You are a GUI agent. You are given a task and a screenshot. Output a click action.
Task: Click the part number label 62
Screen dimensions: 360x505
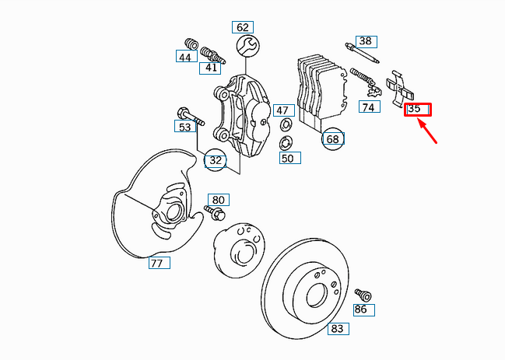pos(243,27)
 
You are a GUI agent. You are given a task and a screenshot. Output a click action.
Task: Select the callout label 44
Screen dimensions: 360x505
pos(184,57)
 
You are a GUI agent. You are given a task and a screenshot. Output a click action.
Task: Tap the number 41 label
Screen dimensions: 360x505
pos(212,68)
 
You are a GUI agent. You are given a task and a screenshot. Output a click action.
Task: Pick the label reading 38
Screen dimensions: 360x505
pos(366,41)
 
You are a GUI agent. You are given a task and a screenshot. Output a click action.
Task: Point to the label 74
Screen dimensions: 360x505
pos(368,107)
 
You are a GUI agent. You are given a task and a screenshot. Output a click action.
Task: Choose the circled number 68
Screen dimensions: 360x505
pos(333,139)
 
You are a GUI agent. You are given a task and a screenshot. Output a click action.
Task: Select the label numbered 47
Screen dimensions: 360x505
pos(282,110)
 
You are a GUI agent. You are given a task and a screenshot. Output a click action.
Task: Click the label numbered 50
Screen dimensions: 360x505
pos(287,159)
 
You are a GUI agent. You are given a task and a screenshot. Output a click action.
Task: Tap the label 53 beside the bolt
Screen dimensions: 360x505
pos(184,127)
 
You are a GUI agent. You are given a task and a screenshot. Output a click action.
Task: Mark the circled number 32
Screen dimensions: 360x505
pos(216,161)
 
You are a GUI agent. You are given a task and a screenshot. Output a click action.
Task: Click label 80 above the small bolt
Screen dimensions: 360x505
pos(218,200)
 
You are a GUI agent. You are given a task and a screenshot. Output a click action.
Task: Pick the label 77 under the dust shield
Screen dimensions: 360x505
pos(158,263)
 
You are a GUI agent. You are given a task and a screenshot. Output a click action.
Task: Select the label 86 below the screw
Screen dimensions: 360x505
pos(360,309)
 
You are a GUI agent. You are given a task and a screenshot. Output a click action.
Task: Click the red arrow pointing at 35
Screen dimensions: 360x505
pos(430,133)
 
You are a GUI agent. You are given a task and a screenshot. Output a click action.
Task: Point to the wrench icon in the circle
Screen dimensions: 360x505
pos(247,46)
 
